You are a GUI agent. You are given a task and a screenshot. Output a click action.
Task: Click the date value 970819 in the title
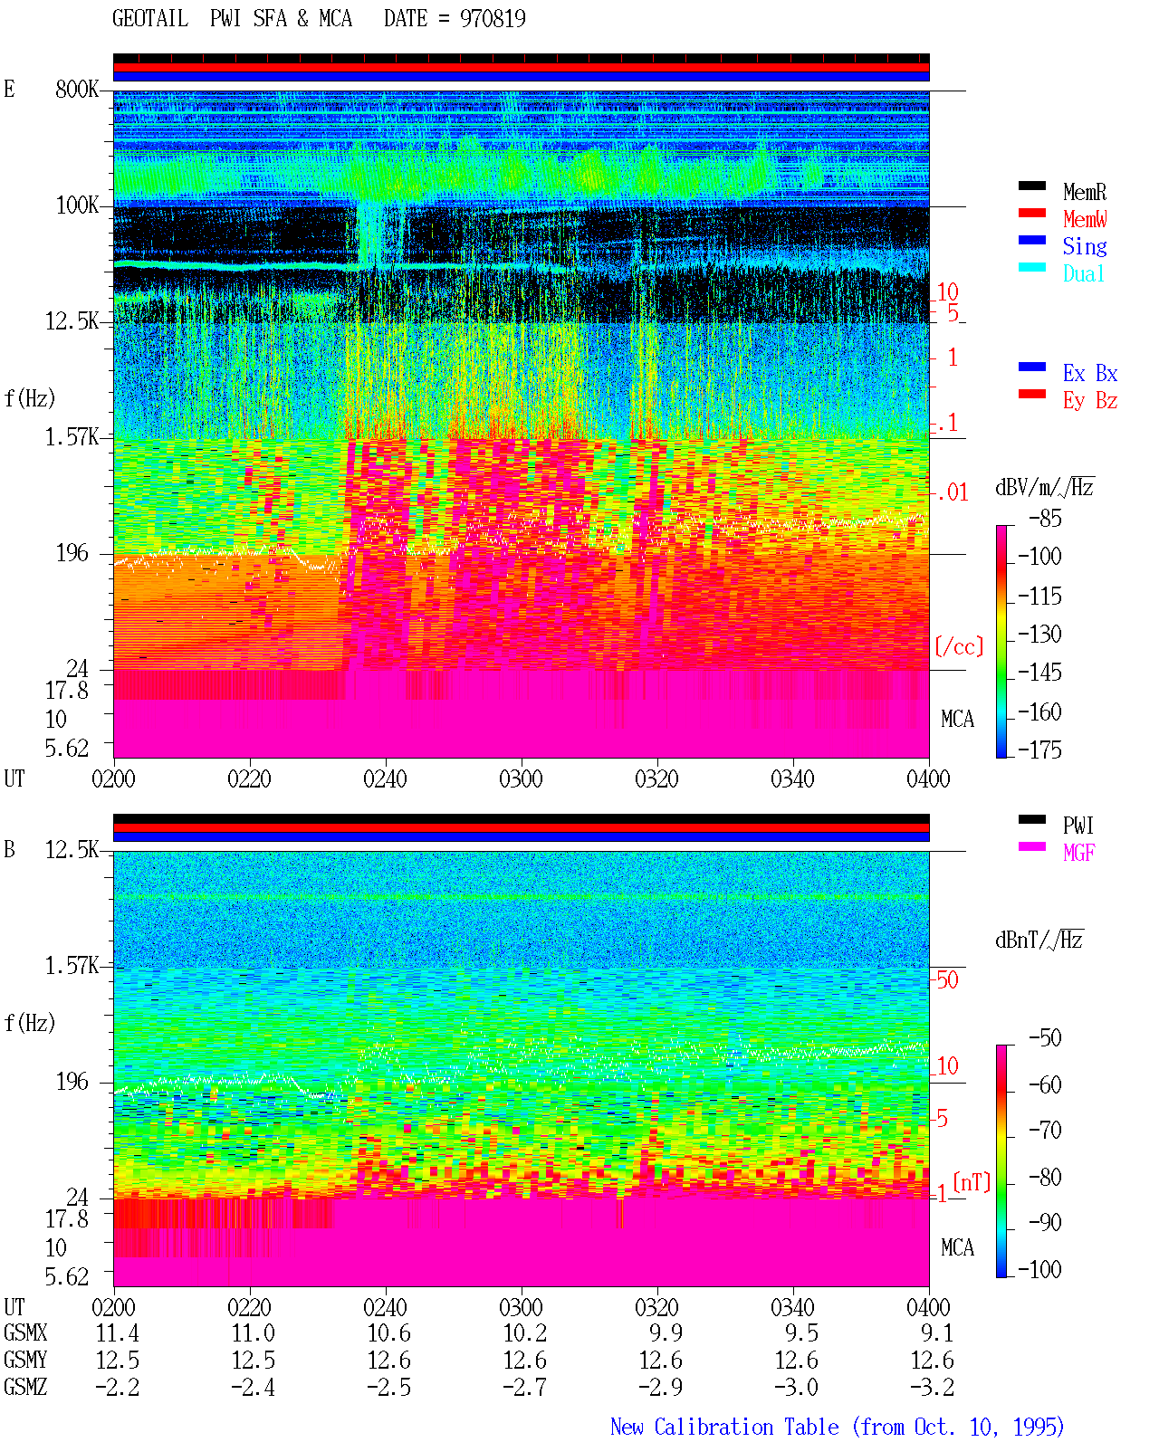coord(492,19)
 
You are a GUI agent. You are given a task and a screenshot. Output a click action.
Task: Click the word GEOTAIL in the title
coord(150,19)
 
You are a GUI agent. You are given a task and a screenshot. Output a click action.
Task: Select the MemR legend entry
coord(1084,192)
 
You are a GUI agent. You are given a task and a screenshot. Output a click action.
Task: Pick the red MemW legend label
coord(1084,219)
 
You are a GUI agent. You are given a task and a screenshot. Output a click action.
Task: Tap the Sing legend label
coord(1084,246)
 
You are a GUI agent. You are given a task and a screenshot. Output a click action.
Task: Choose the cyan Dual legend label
coord(1083,273)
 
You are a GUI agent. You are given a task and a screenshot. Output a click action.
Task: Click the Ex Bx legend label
coord(1089,373)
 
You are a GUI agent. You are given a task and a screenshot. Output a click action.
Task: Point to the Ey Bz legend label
coord(1089,401)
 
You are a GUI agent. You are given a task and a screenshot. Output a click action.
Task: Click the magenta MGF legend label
coord(1078,853)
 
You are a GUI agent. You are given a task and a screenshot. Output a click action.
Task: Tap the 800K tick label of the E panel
coord(76,89)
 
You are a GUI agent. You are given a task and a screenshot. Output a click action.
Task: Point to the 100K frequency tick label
coord(76,205)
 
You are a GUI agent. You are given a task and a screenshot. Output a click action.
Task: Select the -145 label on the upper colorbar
coord(1039,672)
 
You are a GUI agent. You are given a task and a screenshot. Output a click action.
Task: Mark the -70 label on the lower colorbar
coord(1044,1131)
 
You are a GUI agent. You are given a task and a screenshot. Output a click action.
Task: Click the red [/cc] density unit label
coord(959,646)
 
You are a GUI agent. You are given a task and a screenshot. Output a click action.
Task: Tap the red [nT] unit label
coord(971,1181)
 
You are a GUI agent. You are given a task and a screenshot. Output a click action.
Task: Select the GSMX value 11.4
coord(117,1333)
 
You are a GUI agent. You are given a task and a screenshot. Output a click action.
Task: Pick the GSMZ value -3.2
coord(932,1387)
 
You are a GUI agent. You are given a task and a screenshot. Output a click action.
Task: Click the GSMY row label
coord(25,1361)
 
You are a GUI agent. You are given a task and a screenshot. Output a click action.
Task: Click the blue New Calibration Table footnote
coord(837,1427)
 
